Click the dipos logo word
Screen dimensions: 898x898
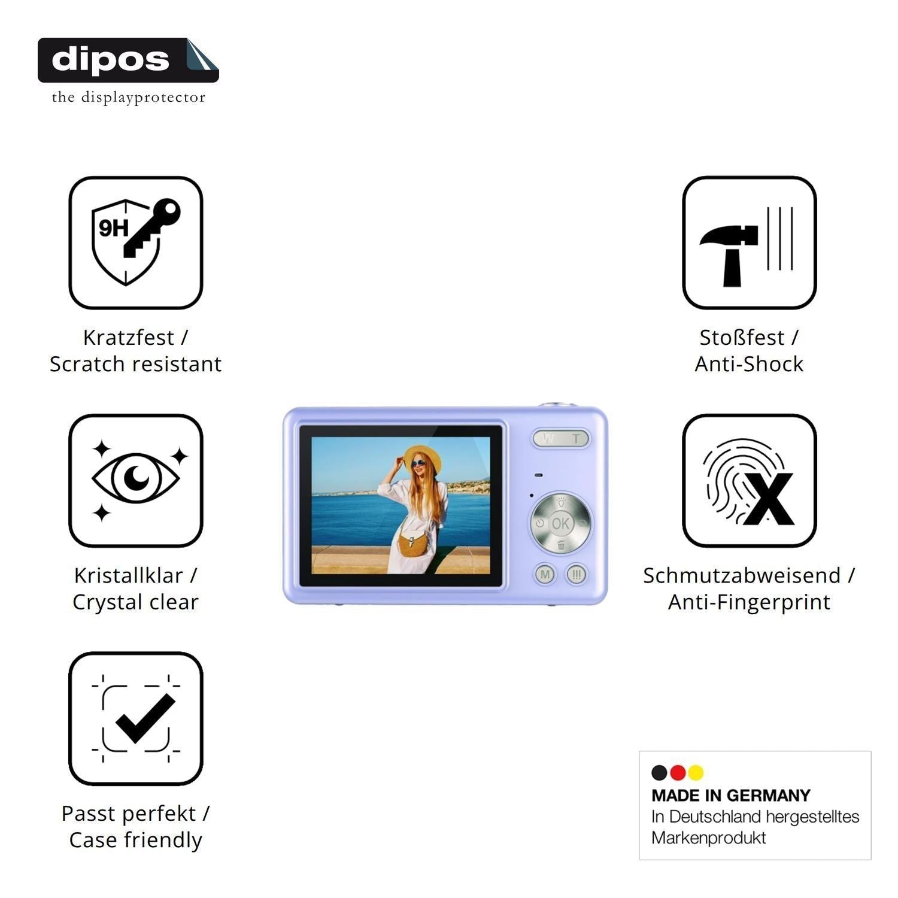(111, 59)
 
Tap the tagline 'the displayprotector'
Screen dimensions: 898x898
(129, 97)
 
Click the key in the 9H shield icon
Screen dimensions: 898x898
(152, 227)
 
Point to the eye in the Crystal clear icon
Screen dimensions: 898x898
(136, 478)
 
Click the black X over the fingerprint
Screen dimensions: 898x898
(769, 498)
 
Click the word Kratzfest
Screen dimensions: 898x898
(128, 338)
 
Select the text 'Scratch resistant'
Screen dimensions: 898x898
(136, 364)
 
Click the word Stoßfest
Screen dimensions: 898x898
(742, 338)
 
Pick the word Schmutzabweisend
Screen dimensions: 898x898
(742, 575)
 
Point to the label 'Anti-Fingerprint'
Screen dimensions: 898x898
(750, 602)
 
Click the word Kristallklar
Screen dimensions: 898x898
(128, 575)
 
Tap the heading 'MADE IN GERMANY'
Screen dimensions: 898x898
(731, 796)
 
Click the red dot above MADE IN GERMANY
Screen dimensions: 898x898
(678, 773)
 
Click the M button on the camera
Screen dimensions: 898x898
(545, 575)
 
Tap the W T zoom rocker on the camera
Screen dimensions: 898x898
(561, 438)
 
